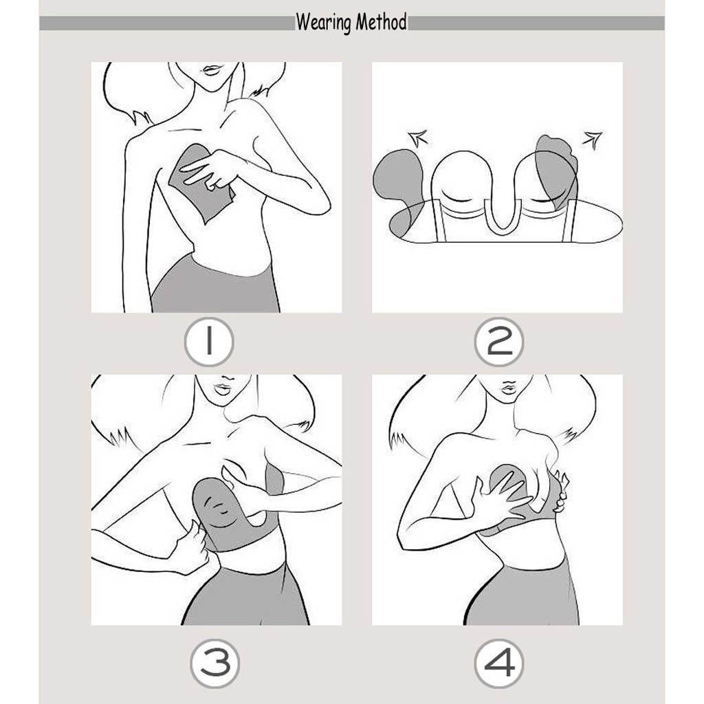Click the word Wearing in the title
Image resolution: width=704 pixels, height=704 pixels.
[x=323, y=23]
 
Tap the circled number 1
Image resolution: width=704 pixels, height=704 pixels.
[x=209, y=342]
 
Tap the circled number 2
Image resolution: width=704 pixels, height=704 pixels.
[x=499, y=342]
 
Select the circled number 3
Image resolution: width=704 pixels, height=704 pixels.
[x=214, y=663]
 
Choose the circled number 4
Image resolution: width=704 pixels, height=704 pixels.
[x=499, y=663]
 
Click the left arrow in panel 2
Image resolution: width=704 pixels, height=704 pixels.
[x=418, y=137]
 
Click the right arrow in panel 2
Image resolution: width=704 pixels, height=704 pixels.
[x=593, y=140]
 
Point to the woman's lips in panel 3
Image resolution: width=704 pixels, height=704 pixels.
[x=223, y=389]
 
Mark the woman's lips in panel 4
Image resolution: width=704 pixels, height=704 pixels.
[x=508, y=386]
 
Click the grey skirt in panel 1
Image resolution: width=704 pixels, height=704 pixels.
[x=214, y=285]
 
